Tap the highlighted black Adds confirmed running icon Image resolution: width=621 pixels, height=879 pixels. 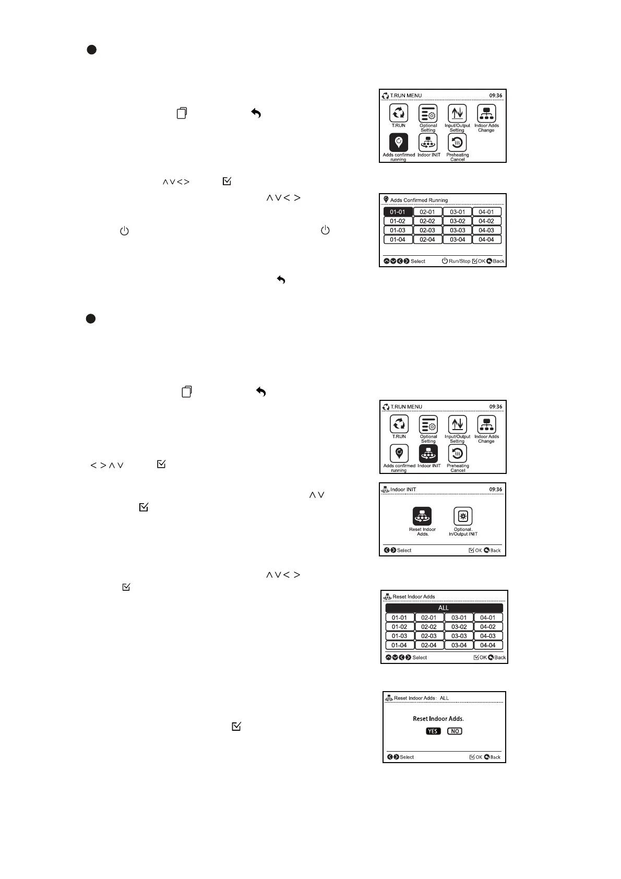399,142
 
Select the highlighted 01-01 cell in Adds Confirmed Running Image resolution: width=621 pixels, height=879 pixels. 398,212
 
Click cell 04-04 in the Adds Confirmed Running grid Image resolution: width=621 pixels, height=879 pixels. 486,240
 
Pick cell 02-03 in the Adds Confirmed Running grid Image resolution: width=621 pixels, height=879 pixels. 427,230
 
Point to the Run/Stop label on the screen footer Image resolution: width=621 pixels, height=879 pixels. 459,261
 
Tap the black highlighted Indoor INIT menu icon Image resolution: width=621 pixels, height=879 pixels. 428,454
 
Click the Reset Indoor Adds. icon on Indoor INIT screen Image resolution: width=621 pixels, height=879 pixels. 422,516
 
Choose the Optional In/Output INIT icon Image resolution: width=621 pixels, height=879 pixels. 463,516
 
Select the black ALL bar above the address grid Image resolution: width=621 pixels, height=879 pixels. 444,608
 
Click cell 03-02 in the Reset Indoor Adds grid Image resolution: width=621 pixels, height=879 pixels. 459,627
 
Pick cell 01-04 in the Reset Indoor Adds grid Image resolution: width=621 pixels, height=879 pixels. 400,645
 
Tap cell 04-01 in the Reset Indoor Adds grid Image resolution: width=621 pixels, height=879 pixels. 488,617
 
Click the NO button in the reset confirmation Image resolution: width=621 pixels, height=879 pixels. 455,731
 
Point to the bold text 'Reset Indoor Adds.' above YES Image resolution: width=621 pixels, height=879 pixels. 438,719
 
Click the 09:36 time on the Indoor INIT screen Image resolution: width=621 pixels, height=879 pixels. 496,490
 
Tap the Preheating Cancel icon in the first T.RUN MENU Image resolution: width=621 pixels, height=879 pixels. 457,143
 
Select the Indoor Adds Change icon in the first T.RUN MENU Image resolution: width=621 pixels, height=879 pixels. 486,114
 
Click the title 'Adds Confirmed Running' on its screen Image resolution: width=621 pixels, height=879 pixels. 419,200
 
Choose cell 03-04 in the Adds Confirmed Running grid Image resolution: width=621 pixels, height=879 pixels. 458,240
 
